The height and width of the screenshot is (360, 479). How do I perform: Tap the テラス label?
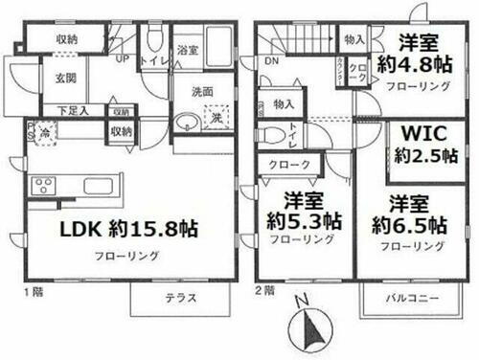[x=180, y=298]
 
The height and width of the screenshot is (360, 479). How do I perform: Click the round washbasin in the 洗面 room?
[x=185, y=124]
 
